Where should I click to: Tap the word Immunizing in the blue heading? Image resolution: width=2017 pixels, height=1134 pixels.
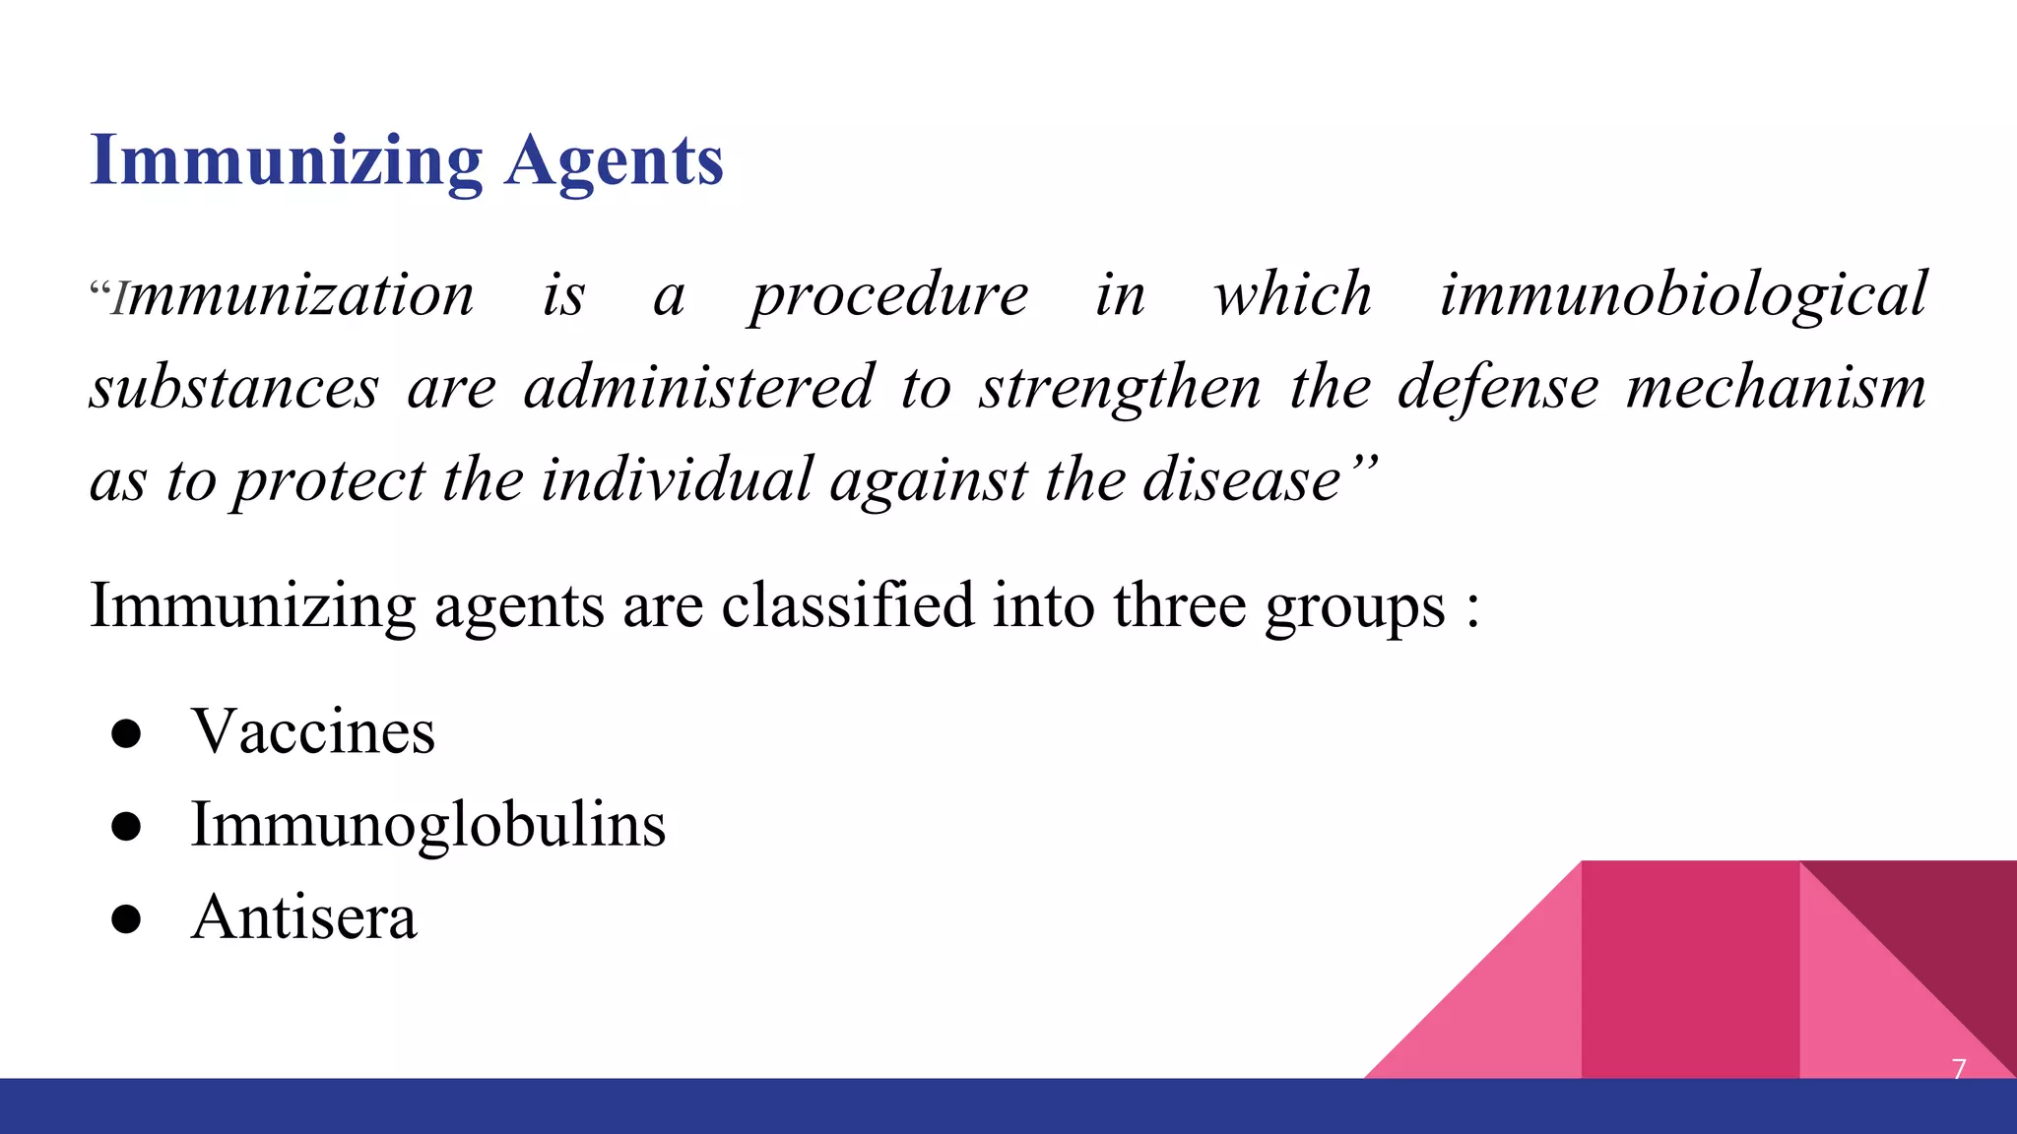286,160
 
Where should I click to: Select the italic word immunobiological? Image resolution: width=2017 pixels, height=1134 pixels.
1683,294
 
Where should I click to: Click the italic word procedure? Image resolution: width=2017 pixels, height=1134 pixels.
888,294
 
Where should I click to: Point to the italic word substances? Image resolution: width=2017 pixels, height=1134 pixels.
234,387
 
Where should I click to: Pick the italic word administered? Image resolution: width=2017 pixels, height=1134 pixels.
698,387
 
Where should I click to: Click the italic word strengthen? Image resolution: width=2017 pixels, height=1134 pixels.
1120,387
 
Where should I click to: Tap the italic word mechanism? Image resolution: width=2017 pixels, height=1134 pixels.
1776,387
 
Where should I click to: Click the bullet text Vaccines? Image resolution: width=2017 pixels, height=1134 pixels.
313,731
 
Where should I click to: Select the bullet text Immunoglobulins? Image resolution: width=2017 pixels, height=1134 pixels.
428,824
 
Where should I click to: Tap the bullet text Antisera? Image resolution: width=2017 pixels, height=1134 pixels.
303,916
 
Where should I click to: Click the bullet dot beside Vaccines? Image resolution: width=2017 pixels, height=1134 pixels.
127,733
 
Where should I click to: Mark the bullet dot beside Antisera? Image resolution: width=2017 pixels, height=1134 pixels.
127,918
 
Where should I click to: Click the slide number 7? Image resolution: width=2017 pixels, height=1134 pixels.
1958,1069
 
